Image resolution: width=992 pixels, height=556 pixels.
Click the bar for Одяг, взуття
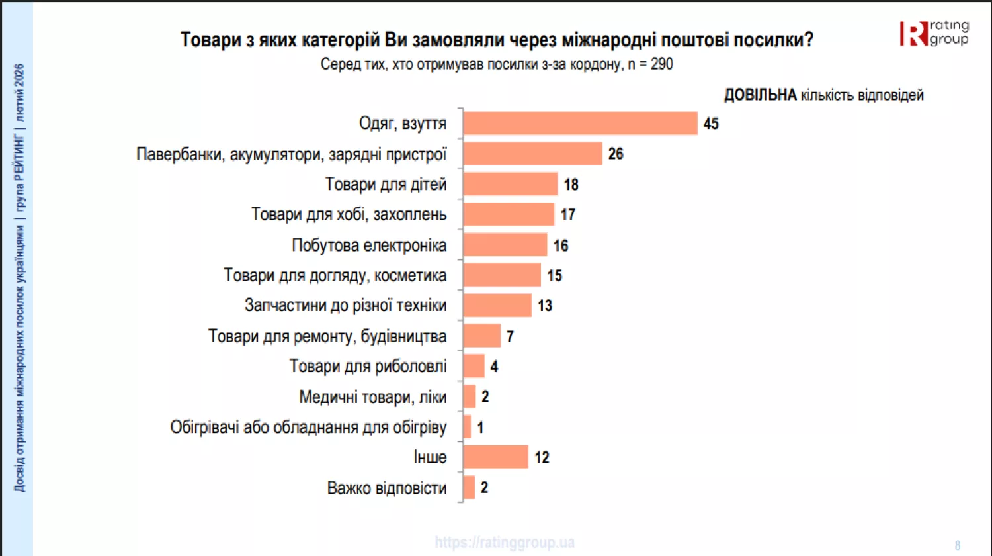[580, 123]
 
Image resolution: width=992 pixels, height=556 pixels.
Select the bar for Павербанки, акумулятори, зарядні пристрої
[532, 154]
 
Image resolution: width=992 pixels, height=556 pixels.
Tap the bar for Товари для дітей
[510, 184]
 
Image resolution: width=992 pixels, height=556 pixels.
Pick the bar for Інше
[495, 457]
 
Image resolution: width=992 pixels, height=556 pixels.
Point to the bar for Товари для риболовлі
[474, 366]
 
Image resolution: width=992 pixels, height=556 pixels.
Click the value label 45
[711, 124]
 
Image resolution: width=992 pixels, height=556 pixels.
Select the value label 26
[616, 154]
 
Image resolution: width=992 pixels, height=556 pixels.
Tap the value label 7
[510, 336]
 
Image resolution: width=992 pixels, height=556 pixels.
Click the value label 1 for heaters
[480, 428]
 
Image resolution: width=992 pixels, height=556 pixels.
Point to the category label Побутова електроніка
[369, 245]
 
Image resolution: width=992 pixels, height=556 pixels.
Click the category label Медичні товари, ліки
[372, 397]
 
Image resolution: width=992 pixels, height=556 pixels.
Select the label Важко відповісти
[386, 488]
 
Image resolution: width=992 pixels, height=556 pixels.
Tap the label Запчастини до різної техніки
[345, 305]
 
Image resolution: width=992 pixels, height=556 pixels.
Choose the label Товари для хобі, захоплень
[349, 214]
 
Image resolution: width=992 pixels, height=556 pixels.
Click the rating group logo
[934, 33]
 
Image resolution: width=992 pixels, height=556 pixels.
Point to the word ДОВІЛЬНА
[760, 95]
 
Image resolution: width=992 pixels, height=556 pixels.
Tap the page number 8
[957, 545]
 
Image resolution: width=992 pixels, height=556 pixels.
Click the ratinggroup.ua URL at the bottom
[505, 543]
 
